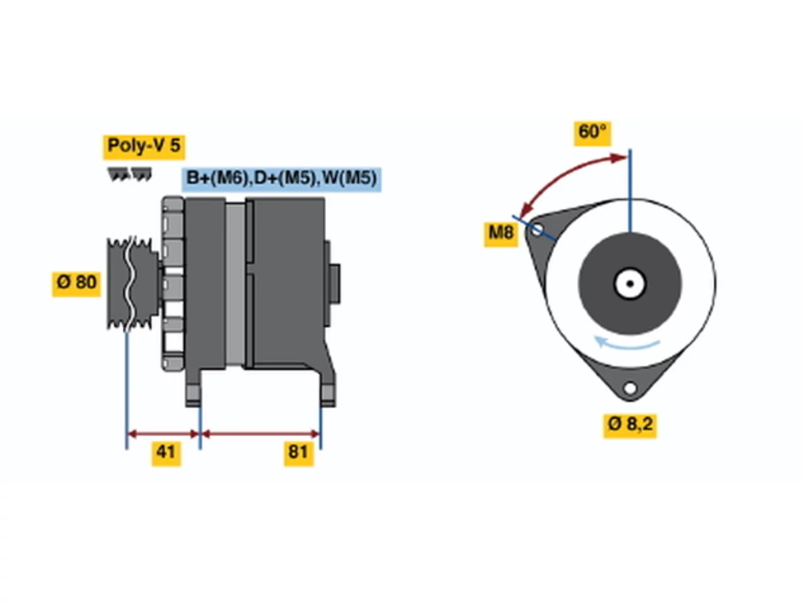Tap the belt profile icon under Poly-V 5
tap(129, 174)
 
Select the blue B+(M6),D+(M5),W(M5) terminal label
tap(281, 179)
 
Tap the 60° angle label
tap(592, 133)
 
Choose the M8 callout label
tap(501, 234)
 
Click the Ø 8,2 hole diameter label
tap(630, 426)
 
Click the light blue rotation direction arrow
tap(626, 344)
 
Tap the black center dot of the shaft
tap(630, 284)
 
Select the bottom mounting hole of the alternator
tap(630, 388)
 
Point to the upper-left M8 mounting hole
tap(536, 230)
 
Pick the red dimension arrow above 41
tap(163, 434)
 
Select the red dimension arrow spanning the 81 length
tap(261, 434)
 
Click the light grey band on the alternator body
tap(235, 284)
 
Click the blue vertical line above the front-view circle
tap(630, 190)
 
